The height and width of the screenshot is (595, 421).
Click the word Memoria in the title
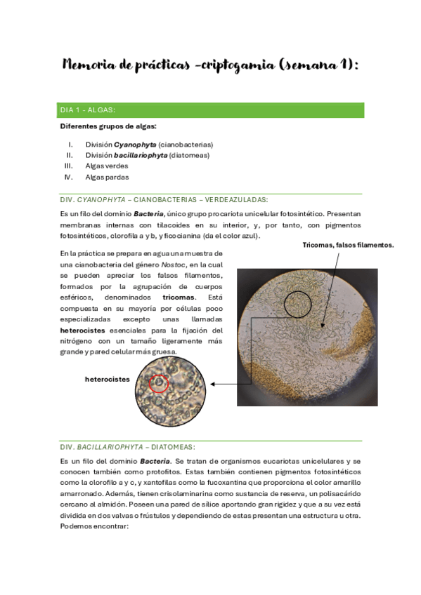[x=88, y=65]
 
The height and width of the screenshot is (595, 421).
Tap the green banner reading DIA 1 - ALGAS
[x=211, y=110]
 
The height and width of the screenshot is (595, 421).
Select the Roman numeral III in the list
[x=69, y=166]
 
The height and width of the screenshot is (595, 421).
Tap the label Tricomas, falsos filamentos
[x=348, y=245]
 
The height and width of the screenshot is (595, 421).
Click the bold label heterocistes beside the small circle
[x=108, y=379]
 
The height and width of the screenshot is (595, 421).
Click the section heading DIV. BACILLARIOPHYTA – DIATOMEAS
[x=127, y=447]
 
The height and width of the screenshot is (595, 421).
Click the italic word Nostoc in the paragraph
[x=174, y=264]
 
